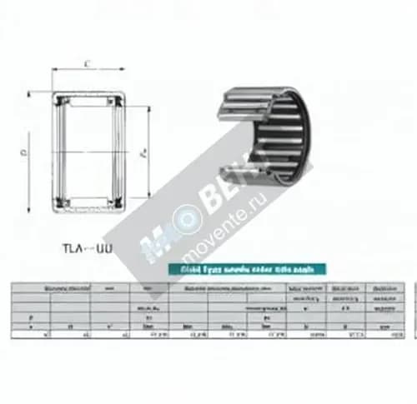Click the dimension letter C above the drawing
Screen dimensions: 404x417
coord(88,62)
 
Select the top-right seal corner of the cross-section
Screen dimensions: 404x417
coord(123,100)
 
